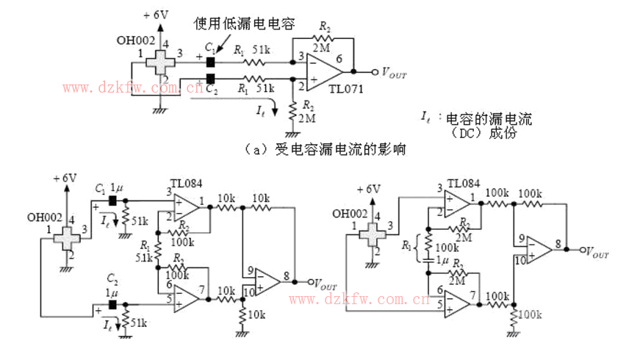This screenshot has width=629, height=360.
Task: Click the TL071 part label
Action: coord(345,89)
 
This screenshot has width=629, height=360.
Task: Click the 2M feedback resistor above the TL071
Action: coord(323,39)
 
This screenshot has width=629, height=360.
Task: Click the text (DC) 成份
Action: coord(486,134)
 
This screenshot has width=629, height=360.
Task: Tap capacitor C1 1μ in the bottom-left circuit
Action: coord(112,200)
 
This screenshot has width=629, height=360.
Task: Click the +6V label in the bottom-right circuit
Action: coord(369,189)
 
